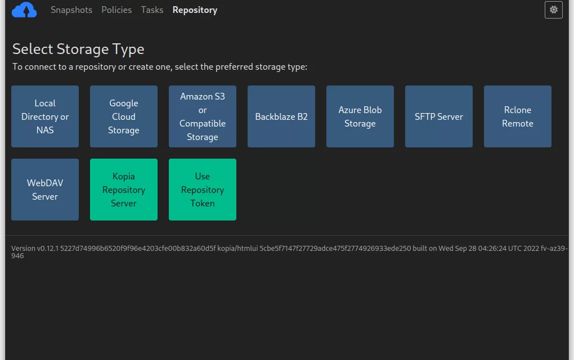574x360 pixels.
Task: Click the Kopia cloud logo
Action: [24, 10]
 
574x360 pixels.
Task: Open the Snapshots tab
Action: [71, 10]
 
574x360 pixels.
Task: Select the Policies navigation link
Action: [116, 10]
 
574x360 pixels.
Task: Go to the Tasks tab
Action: [152, 10]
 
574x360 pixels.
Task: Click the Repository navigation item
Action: [195, 10]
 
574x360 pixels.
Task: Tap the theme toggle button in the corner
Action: [554, 10]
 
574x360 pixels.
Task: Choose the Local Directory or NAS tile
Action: [45, 116]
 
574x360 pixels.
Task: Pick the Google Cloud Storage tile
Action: [124, 116]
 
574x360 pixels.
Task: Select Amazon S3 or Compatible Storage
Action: [203, 116]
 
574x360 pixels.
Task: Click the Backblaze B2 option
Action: [281, 116]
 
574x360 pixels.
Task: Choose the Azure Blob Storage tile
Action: [360, 116]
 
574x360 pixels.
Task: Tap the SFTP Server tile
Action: [439, 116]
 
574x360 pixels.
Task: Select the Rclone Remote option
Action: [518, 116]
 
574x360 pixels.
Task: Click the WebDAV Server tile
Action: [45, 190]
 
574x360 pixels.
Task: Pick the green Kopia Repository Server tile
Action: [124, 190]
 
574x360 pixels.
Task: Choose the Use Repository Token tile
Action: [203, 190]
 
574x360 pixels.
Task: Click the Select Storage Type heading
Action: [78, 49]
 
